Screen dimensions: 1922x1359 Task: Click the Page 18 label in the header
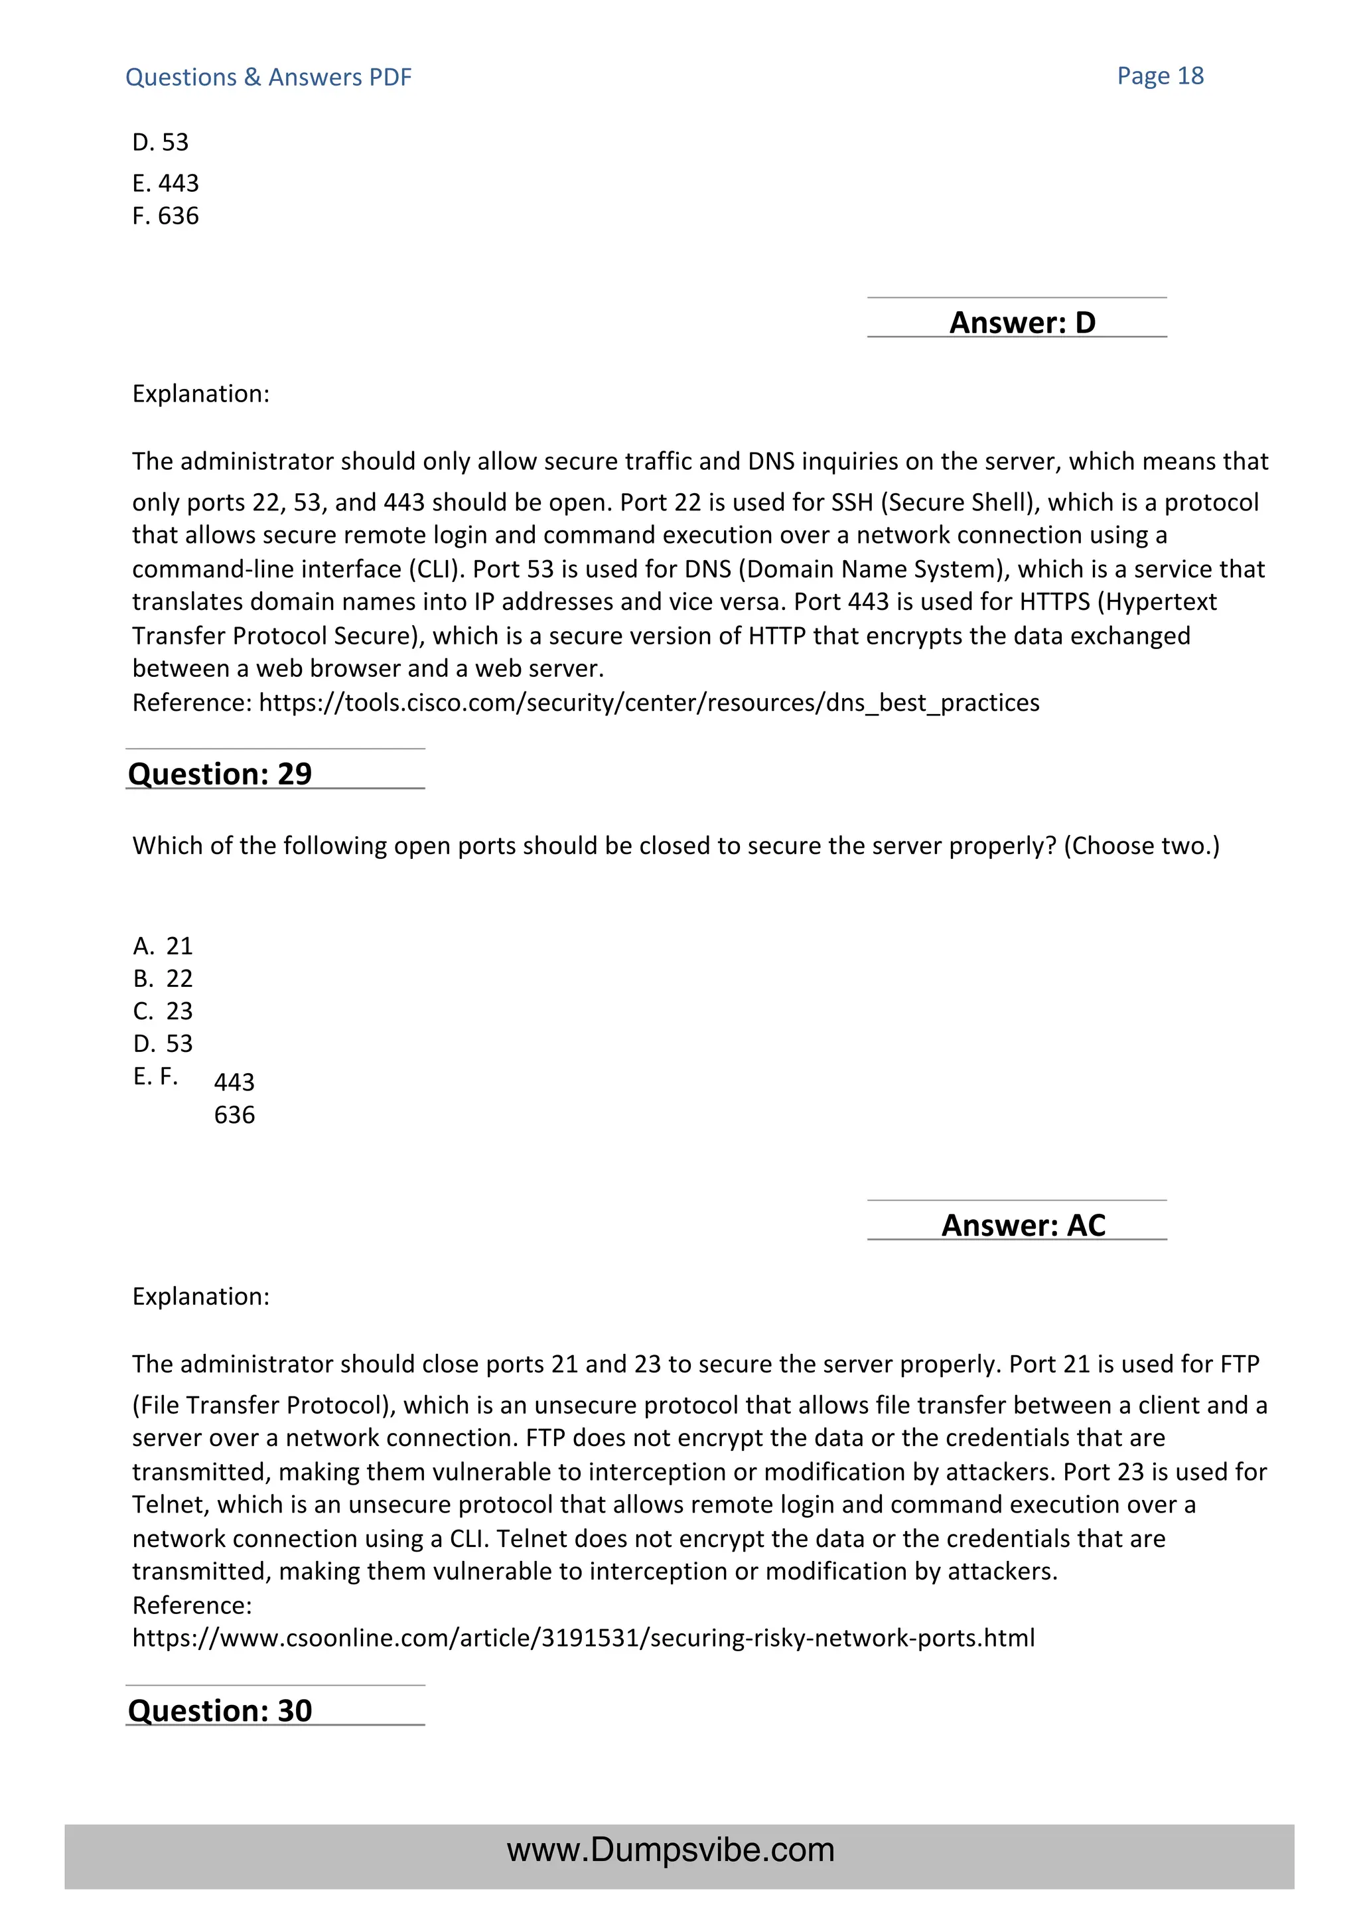1160,76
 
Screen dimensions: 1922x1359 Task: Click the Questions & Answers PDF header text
268,78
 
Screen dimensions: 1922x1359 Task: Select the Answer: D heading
1022,323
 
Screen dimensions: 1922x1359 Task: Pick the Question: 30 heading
220,1710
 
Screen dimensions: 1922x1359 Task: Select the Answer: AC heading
1023,1226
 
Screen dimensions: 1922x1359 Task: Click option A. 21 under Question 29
163,946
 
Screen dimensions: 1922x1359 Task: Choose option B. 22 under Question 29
163,978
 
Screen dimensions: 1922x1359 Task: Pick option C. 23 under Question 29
163,1011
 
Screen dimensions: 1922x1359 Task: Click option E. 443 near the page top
166,183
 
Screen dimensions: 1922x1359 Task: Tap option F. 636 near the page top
166,216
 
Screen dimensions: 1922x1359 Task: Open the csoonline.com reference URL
583,1637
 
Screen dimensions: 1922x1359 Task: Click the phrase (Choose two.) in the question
1141,846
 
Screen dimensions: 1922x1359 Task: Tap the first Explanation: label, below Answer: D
201,394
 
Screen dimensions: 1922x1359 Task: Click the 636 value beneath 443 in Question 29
234,1115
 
